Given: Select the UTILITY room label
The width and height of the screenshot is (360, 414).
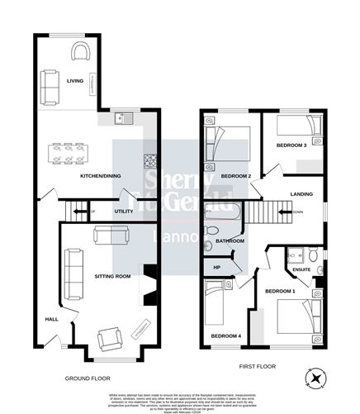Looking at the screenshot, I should click(124, 212).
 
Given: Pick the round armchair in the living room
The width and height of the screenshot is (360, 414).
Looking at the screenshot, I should click(80, 53).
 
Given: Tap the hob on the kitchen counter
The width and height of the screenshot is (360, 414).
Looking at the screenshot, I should click(151, 161).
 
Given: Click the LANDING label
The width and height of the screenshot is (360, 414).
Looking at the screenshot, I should click(301, 195).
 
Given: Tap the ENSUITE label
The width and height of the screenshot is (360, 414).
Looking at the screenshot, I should click(302, 269).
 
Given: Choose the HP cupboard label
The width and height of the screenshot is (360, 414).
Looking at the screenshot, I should click(218, 267).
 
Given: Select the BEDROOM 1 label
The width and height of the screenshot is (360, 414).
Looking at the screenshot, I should click(279, 293).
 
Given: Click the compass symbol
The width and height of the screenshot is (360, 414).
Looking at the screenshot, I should click(315, 378).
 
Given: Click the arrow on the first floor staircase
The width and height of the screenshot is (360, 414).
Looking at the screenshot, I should click(287, 212).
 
